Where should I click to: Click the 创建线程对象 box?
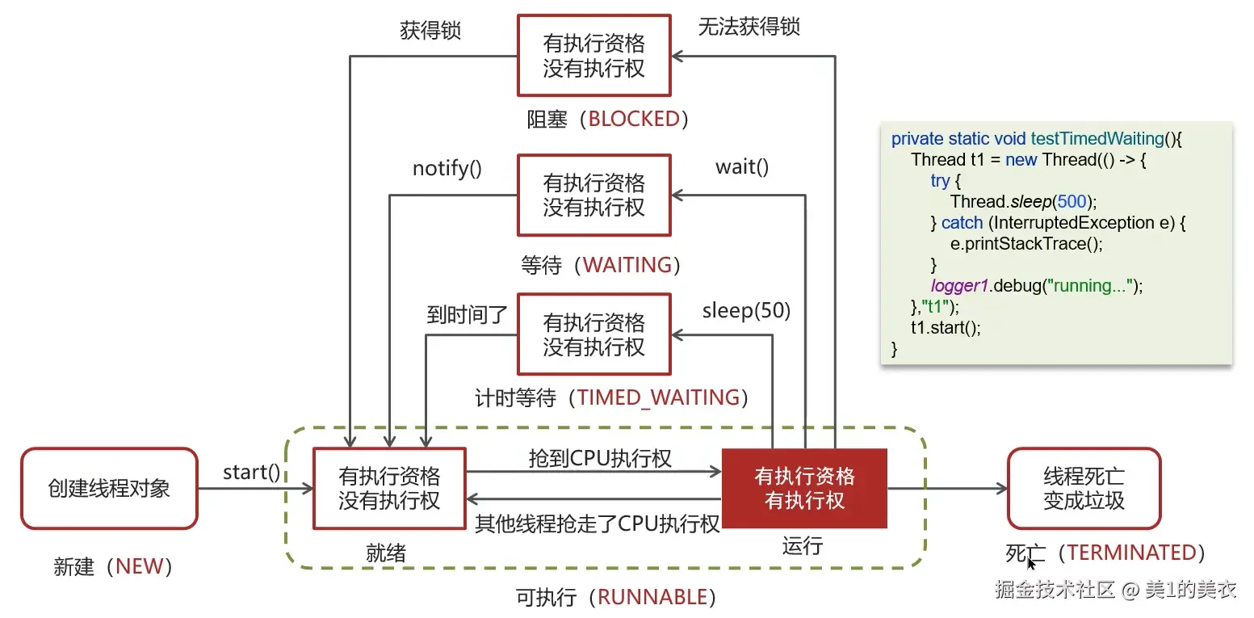point(109,489)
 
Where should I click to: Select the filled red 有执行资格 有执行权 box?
point(804,489)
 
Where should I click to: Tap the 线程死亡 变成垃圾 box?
point(1084,489)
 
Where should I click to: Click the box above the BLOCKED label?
point(593,56)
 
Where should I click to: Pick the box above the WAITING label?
point(593,195)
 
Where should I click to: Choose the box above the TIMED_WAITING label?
point(593,334)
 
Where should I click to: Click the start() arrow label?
point(251,472)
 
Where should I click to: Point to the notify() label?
point(447,169)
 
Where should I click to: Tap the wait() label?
point(741,167)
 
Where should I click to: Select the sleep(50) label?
point(745,310)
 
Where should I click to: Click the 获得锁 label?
point(430,30)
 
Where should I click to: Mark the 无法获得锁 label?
point(749,27)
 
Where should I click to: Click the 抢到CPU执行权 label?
point(600,458)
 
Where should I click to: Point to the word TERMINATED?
point(1131,553)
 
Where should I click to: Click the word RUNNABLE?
point(652,597)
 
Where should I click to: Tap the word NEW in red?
point(139,566)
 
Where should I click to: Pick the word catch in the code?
point(962,223)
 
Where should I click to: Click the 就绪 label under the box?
point(385,553)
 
